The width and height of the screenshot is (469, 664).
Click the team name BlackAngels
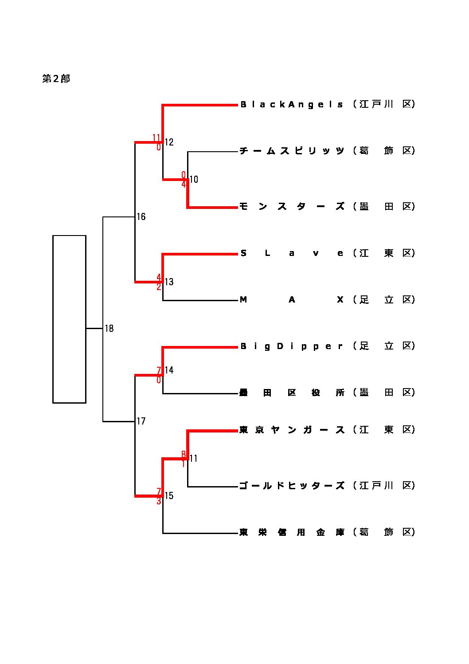292,105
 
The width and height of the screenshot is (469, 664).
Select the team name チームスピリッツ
292,151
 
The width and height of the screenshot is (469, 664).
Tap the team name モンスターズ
292,206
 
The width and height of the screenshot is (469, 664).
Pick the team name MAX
292,300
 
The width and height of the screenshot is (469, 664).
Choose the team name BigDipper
292,346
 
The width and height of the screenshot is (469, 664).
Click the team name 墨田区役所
292,393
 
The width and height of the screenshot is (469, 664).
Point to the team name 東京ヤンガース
292,430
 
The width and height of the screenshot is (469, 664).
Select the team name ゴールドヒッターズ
292,486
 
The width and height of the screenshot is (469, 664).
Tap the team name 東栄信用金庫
292,532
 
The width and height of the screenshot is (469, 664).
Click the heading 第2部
56,79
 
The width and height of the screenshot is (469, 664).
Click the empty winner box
69,319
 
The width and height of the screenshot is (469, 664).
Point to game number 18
109,329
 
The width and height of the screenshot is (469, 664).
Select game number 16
141,217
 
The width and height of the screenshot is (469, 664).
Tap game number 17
141,421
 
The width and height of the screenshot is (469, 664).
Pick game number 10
194,180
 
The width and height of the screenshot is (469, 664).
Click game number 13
169,282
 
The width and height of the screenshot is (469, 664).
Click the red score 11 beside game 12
156,137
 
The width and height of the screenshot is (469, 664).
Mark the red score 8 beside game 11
184,454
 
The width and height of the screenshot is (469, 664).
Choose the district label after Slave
384,253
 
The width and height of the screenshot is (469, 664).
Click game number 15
169,496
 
